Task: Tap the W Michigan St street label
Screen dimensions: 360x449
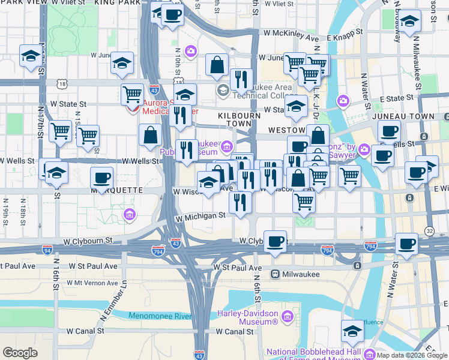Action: [x=200, y=215]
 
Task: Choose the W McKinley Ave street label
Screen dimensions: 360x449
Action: [x=291, y=37]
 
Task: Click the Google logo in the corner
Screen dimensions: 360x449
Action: [x=20, y=353]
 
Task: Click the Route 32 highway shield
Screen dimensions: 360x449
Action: [x=429, y=230]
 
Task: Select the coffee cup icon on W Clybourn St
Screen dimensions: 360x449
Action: [x=276, y=241]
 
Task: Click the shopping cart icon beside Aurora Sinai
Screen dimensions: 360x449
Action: [x=132, y=94]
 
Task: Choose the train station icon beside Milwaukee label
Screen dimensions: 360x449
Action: [x=275, y=274]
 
